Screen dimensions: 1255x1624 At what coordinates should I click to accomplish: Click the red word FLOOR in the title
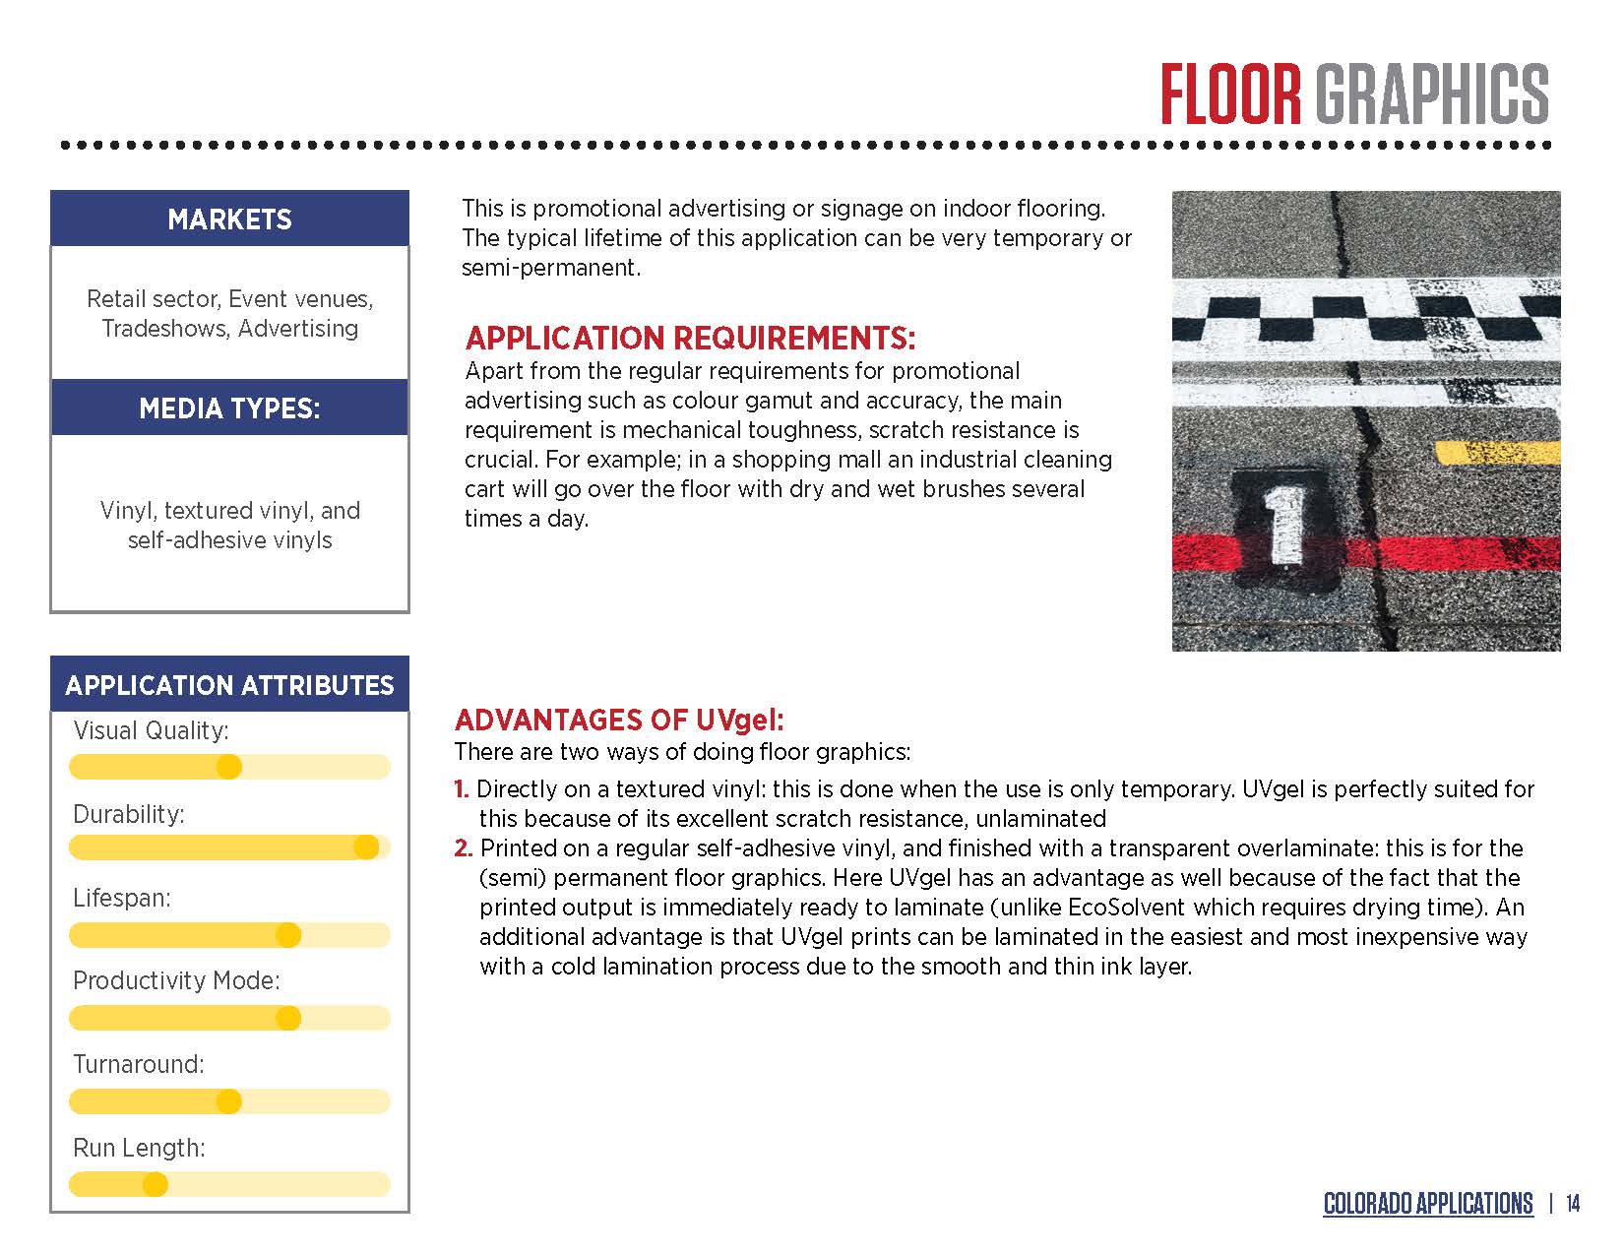click(x=1231, y=94)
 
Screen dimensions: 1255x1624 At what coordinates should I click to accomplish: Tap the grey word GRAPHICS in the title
click(x=1432, y=94)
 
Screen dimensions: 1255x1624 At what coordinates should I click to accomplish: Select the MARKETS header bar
click(x=229, y=219)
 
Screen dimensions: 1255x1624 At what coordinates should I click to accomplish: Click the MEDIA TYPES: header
click(x=229, y=408)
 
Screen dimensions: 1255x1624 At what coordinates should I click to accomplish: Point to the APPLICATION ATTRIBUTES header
click(x=229, y=685)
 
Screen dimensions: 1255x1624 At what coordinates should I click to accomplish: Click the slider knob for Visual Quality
click(x=228, y=767)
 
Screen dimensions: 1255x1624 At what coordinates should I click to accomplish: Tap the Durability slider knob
click(x=366, y=847)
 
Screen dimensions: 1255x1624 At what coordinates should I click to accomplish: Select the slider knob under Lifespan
click(x=288, y=934)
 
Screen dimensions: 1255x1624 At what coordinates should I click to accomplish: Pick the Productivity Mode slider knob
click(x=288, y=1018)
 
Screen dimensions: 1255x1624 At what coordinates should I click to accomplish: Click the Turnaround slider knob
click(x=228, y=1101)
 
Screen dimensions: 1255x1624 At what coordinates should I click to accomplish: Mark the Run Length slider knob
click(x=156, y=1184)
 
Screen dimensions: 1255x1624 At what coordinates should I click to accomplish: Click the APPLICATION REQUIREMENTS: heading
click(x=690, y=339)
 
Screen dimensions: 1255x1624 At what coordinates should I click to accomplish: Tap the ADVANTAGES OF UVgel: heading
click(x=619, y=720)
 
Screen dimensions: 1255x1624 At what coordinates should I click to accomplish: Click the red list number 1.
click(x=461, y=789)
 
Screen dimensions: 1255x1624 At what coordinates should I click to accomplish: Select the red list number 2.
click(x=463, y=848)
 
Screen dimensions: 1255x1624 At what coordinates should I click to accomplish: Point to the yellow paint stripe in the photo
click(x=1497, y=453)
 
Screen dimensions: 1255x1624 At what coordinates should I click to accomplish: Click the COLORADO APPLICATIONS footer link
click(x=1427, y=1204)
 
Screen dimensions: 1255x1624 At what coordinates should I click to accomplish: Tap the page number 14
click(x=1572, y=1204)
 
